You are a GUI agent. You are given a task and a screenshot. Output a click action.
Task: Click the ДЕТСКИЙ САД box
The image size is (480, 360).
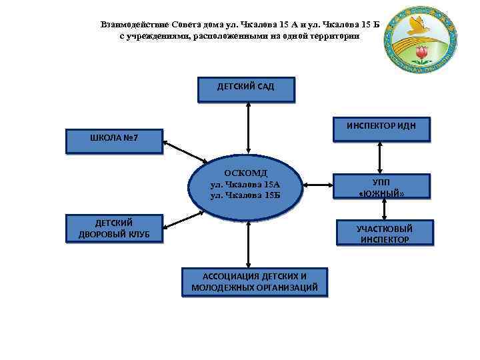[x=245, y=89]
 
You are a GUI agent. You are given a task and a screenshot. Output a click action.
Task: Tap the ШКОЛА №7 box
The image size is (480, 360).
[x=113, y=141]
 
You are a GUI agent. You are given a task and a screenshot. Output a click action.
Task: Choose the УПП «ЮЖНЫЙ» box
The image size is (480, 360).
[x=381, y=187]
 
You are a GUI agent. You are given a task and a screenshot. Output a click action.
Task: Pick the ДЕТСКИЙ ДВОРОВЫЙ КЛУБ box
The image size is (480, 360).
[x=113, y=228]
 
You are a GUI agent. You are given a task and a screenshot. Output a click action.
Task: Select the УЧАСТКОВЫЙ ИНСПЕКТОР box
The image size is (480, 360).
[x=384, y=233]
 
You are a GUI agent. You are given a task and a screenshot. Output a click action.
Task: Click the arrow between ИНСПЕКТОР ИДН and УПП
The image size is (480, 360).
[x=380, y=157]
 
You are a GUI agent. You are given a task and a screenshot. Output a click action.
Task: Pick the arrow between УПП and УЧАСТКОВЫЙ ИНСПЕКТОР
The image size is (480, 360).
[x=380, y=210]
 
